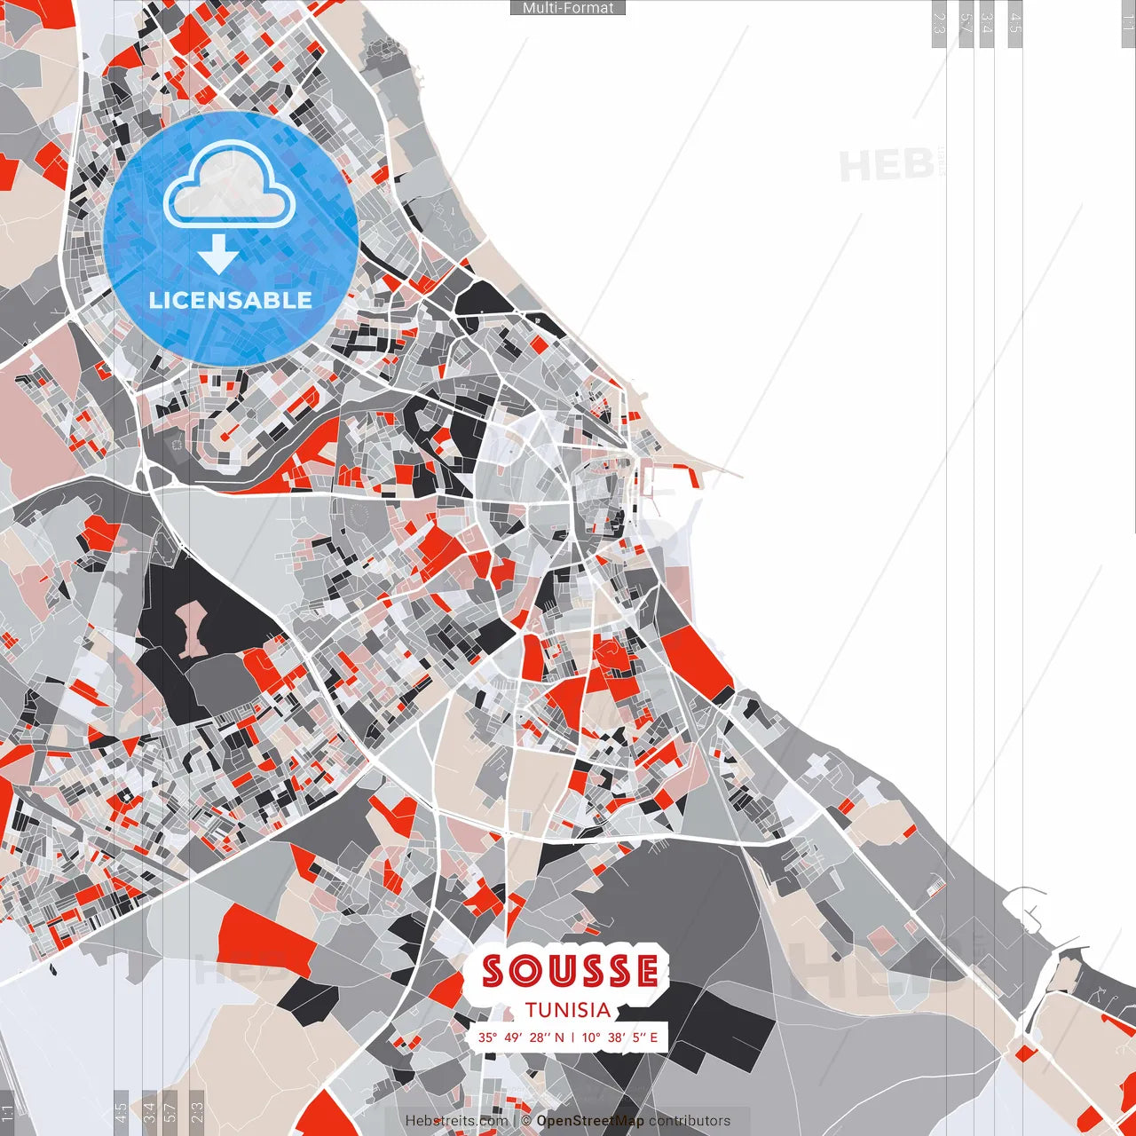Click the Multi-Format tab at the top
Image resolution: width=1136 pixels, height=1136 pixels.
(568, 8)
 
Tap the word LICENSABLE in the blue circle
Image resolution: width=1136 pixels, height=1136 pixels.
(231, 300)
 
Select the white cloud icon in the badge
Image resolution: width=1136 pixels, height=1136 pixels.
(230, 185)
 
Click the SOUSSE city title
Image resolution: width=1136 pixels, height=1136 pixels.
(571, 972)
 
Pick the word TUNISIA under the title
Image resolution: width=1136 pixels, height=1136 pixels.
(568, 1010)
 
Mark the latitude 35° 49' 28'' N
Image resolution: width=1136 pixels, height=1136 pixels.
(521, 1037)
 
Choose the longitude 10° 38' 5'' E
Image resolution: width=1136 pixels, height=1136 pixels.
(620, 1037)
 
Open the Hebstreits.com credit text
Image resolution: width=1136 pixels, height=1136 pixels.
(457, 1121)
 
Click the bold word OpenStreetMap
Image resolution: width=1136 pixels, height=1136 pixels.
(590, 1121)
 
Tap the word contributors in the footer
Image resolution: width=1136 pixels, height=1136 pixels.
(690, 1121)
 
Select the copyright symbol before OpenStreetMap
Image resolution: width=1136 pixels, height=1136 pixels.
(526, 1121)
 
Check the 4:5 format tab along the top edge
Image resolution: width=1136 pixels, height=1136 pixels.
(1015, 23)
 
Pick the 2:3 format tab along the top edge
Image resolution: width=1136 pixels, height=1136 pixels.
(939, 23)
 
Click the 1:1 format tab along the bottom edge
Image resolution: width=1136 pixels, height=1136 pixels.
(7, 1113)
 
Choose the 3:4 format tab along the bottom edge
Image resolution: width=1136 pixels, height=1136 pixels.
(149, 1113)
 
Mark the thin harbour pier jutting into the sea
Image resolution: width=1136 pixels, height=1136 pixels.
(701, 469)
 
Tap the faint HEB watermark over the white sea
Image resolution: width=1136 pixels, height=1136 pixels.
(886, 166)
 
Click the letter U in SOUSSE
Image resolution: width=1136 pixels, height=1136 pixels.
(562, 972)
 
